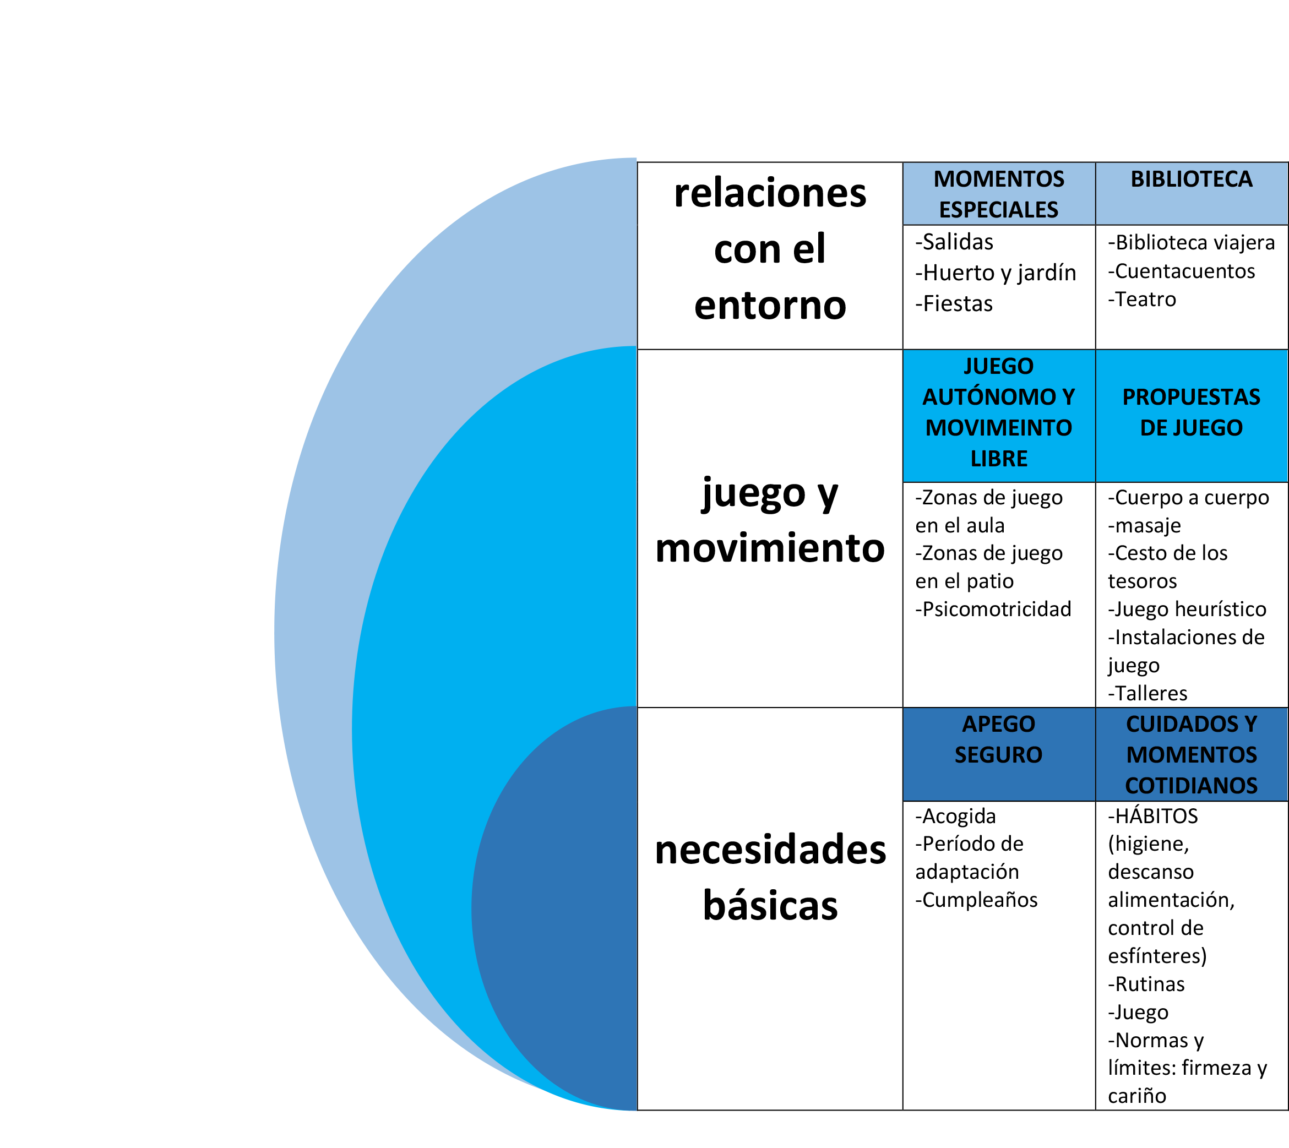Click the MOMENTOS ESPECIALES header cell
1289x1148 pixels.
(999, 194)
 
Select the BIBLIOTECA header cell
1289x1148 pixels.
(1191, 194)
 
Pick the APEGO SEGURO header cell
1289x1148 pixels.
(999, 754)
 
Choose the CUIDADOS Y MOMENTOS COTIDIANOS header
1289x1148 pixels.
(1191, 754)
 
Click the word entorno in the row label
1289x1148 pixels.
(770, 306)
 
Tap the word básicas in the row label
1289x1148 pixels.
(770, 906)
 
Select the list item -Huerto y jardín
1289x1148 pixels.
(996, 273)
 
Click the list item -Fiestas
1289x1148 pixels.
(954, 304)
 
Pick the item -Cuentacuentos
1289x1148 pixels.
(1181, 271)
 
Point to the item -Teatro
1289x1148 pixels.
(1142, 300)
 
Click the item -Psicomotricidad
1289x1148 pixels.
(993, 610)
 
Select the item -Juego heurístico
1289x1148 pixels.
(1187, 610)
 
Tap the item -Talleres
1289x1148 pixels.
(1147, 694)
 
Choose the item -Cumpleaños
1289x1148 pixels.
(976, 900)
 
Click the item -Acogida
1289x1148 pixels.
(955, 816)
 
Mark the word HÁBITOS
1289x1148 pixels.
(1156, 815)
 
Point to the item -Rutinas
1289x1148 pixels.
(1146, 984)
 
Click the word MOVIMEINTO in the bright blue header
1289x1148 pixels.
(999, 428)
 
